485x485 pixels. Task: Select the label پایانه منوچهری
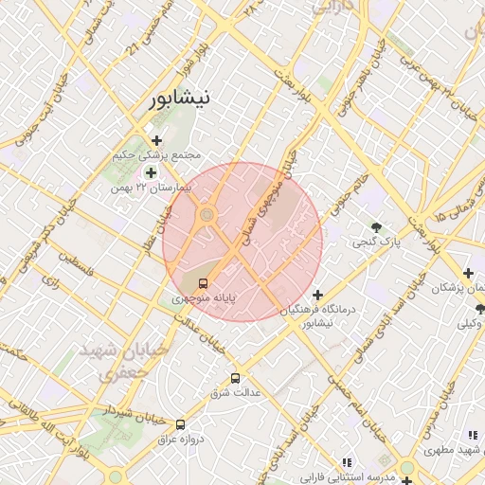pos(204,298)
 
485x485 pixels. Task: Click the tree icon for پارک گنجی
pos(377,227)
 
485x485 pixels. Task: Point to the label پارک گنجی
pos(377,242)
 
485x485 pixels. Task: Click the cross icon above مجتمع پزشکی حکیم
pos(156,140)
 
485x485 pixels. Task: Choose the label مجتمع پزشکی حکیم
pos(157,154)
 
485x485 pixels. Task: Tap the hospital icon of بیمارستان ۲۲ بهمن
pos(151,172)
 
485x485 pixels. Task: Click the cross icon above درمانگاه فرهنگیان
pos(318,295)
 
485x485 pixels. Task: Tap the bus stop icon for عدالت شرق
pos(235,378)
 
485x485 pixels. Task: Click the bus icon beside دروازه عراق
pos(180,424)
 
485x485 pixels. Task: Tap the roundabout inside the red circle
pos(207,217)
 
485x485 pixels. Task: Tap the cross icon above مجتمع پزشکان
pos(468,273)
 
